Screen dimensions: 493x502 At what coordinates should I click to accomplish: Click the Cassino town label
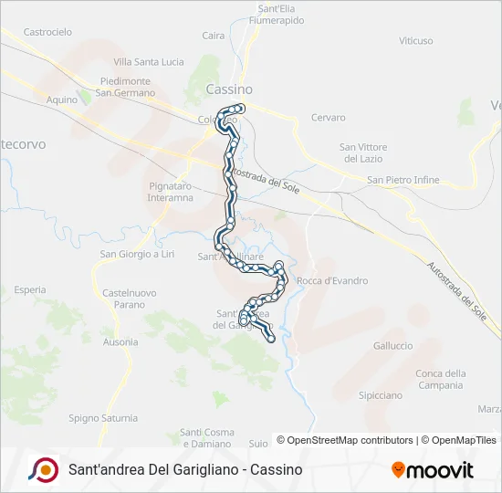[229, 89]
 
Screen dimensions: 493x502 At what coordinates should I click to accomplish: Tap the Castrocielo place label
[47, 32]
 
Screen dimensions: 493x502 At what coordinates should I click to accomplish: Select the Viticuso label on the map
[416, 41]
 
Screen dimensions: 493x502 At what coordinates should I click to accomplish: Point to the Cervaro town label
[329, 118]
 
